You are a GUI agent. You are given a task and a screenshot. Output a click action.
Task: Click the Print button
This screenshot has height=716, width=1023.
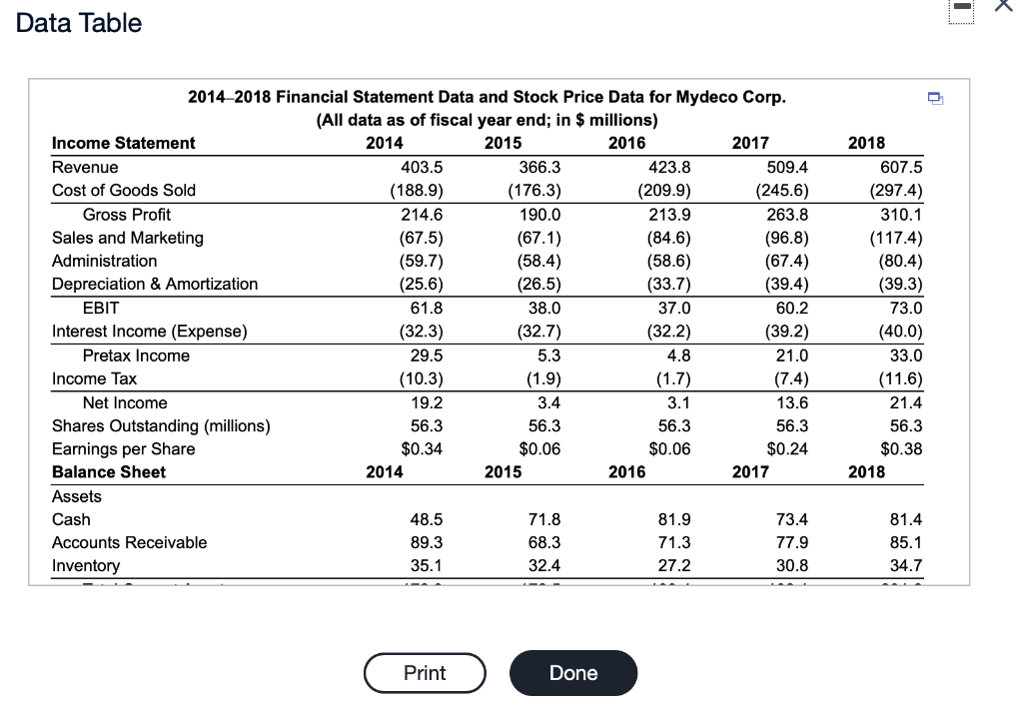[x=425, y=672]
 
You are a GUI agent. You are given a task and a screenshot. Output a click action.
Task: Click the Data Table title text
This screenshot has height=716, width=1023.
[x=79, y=23]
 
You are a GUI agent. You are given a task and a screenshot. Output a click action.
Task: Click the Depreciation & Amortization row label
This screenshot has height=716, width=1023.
[x=155, y=284]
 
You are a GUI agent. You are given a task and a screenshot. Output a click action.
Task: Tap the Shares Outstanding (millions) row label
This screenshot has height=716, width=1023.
[x=161, y=426]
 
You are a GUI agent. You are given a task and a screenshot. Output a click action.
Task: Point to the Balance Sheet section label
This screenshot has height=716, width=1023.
[x=109, y=471]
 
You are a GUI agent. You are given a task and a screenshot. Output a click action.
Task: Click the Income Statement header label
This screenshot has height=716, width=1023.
[x=124, y=143]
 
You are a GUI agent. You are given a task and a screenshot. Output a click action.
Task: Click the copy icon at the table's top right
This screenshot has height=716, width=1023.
[x=934, y=98]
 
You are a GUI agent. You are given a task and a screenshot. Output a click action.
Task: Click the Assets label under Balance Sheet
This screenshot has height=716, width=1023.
[x=77, y=496]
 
